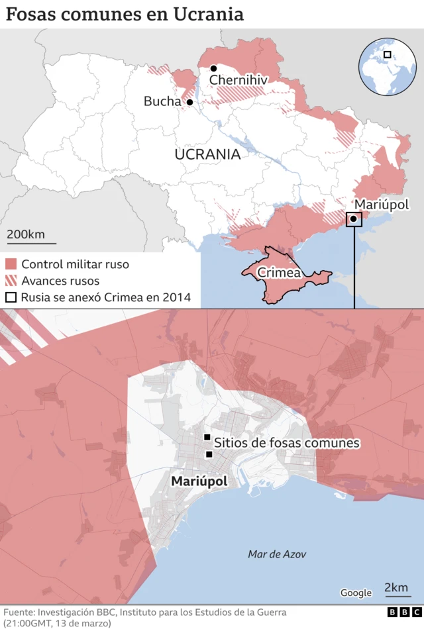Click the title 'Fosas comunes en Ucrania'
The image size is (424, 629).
coord(125,14)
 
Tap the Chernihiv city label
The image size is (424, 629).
coord(238,80)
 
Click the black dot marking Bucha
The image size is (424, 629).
coord(189,103)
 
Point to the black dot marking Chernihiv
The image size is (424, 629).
coord(214,69)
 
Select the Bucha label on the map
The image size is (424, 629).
coord(162,101)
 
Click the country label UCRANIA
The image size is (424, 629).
coord(207,154)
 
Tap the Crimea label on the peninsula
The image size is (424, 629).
coord(279,272)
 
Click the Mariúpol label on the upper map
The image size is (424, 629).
coord(382,205)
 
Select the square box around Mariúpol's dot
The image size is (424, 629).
coord(354,218)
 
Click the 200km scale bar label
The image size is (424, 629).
coord(26,234)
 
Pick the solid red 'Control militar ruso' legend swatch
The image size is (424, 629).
coord(11,264)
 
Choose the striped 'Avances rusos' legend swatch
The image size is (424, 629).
coord(11,281)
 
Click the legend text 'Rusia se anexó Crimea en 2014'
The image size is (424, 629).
coord(106,297)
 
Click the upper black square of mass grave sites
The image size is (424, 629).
coord(207,438)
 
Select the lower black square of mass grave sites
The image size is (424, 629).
coord(209,454)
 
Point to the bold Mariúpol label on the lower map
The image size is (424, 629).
coord(199,481)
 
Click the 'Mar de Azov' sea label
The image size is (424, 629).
coord(277,554)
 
